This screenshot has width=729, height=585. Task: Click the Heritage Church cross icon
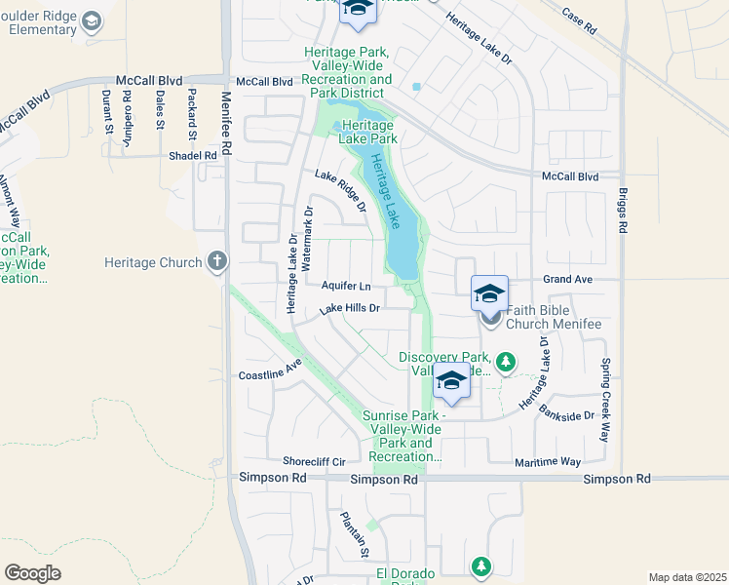pos(216,261)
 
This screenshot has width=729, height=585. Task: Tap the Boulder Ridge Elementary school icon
pos(92,21)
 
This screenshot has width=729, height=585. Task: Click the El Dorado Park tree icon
pos(480,565)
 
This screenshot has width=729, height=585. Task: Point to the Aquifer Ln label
pos(346,287)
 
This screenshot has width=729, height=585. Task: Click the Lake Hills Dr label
pos(348,308)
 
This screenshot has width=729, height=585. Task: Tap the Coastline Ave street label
pos(271,374)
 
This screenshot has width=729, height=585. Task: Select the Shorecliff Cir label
pos(314,461)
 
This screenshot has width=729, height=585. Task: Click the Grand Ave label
pos(568,280)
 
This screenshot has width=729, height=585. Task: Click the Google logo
pos(32,572)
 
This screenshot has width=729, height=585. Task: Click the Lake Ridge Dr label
pos(340,191)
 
